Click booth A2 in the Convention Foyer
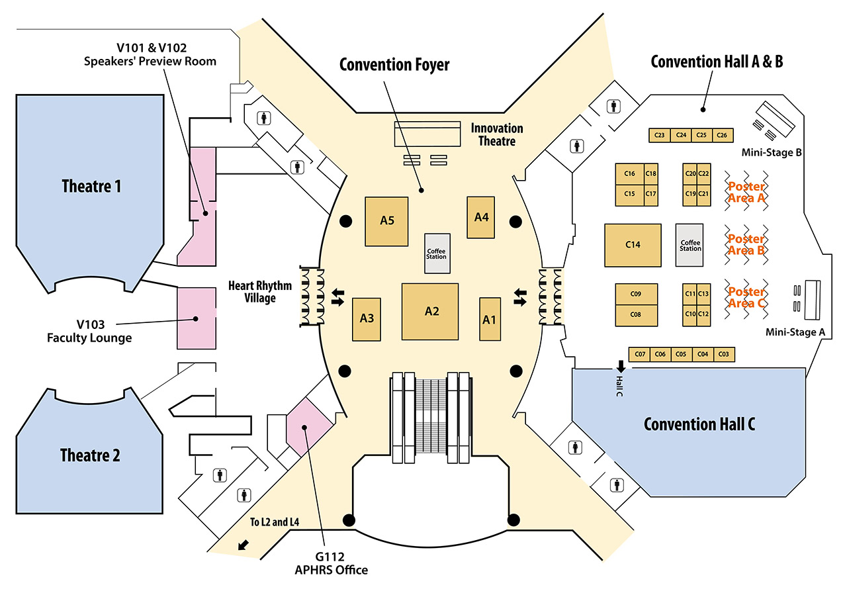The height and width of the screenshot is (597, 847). pos(431,311)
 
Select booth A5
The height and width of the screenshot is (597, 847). pos(387,221)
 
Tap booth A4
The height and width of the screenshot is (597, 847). pos(481,216)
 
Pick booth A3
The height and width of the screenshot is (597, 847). pos(367,318)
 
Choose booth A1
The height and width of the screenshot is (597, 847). pos(489,319)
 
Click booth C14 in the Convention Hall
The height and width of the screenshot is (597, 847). pos(633,245)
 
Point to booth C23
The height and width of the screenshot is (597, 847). pos(659,135)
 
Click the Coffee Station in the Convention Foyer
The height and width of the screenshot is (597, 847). pos(436,253)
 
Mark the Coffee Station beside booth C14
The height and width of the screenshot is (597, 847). pos(690,245)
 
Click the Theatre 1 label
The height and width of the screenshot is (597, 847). pos(91,186)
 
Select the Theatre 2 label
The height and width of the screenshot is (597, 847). pos(90,455)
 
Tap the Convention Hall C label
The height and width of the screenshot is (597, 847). pos(699,424)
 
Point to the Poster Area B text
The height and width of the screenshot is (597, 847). pos(746,244)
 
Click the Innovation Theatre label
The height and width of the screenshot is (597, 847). pos(497,134)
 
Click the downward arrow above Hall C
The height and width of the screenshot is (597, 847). pos(621,365)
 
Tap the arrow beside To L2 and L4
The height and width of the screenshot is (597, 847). pos(244,545)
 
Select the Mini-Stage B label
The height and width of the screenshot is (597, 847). pos(772,153)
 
